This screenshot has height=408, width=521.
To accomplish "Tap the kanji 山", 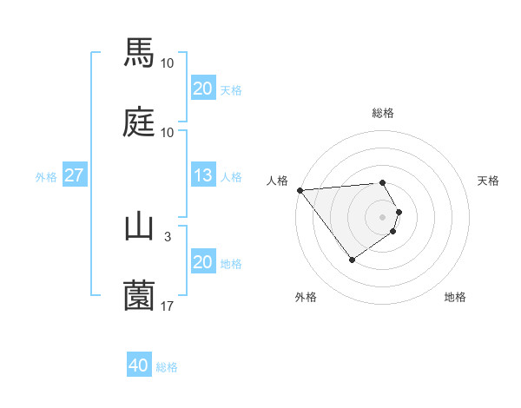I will point(139,227).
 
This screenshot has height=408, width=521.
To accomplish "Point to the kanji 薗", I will point(139,296).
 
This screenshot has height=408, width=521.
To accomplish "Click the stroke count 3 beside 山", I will point(168,236).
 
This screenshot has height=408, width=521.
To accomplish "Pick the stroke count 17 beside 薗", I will point(168,306).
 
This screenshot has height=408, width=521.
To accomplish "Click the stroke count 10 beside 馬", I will point(168,63).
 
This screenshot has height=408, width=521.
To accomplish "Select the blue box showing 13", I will point(203,175).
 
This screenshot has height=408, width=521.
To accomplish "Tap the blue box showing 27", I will point(75,175).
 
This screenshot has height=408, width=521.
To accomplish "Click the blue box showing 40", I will point(139,366).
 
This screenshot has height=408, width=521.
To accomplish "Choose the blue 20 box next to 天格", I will point(203,89).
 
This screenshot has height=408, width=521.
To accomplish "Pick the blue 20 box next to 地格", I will point(203,262).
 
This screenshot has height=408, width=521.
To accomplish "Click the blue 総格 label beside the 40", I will point(167,367).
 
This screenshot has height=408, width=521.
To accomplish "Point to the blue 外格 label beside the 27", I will point(46,176).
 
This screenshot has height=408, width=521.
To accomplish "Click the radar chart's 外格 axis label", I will point(306,297).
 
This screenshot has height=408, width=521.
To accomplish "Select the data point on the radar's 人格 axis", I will point(300,190).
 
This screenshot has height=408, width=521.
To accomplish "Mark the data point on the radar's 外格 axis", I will point(352,260).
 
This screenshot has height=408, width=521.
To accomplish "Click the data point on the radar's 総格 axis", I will point(382,182).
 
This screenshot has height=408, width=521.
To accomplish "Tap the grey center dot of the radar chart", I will point(382,216).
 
